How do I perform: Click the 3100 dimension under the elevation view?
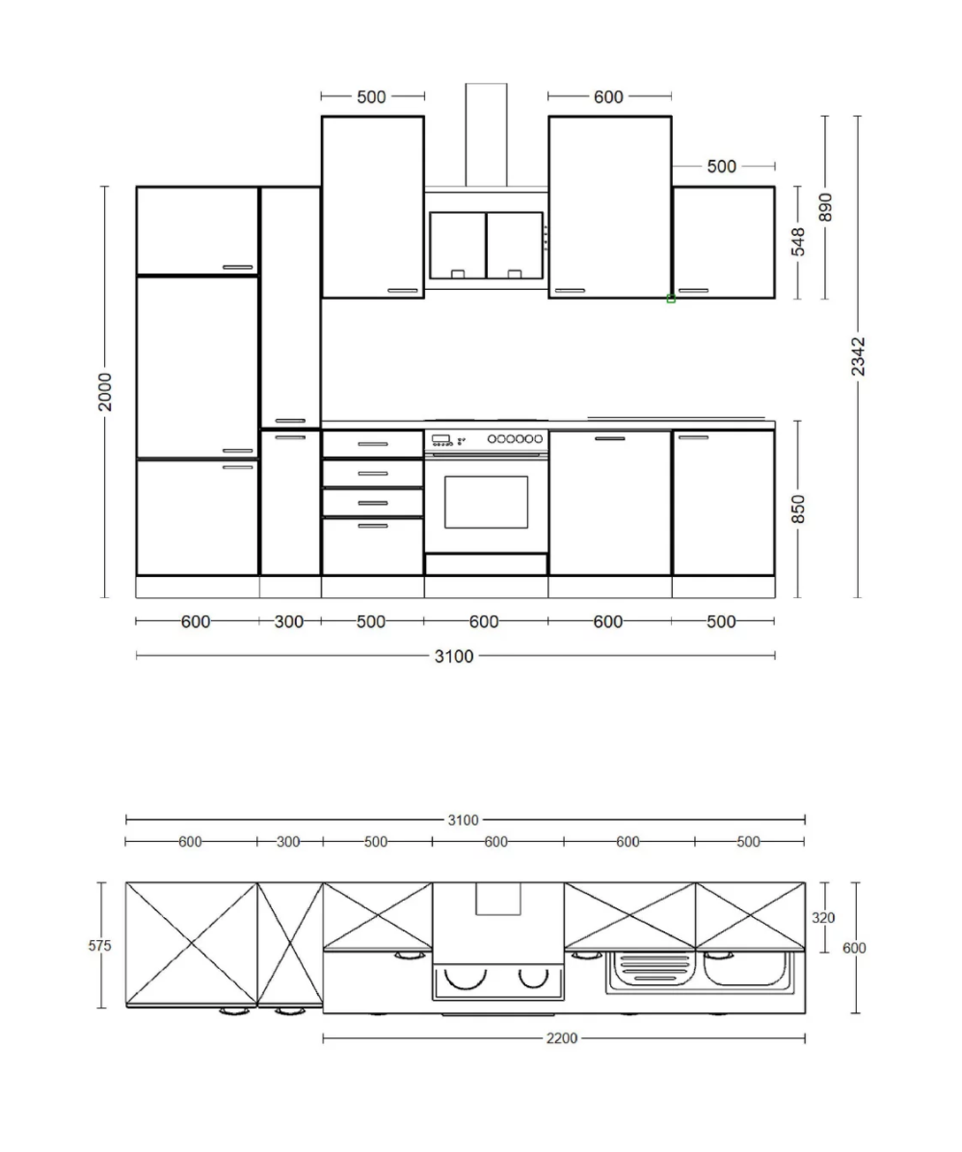pyautogui.click(x=454, y=656)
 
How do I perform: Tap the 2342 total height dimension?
pyautogui.click(x=858, y=357)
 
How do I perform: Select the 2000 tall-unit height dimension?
pyautogui.click(x=105, y=392)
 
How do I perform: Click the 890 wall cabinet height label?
pyautogui.click(x=825, y=207)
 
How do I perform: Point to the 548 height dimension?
pyautogui.click(x=799, y=242)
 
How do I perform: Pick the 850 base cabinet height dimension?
pyautogui.click(x=799, y=510)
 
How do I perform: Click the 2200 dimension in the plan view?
pyautogui.click(x=562, y=1038)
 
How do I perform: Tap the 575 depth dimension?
pyautogui.click(x=100, y=946)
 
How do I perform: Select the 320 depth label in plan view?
pyautogui.click(x=823, y=918)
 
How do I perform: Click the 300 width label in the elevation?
pyautogui.click(x=289, y=621)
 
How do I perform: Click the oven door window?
pyautogui.click(x=486, y=502)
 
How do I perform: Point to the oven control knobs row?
pyautogui.click(x=516, y=438)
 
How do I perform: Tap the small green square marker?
pyautogui.click(x=671, y=299)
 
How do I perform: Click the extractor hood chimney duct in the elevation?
pyautogui.click(x=486, y=135)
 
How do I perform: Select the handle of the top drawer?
pyautogui.click(x=373, y=444)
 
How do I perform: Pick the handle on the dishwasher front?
pyautogui.click(x=610, y=438)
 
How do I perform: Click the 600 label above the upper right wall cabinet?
pyautogui.click(x=608, y=97)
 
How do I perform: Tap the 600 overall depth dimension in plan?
pyautogui.click(x=854, y=948)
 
